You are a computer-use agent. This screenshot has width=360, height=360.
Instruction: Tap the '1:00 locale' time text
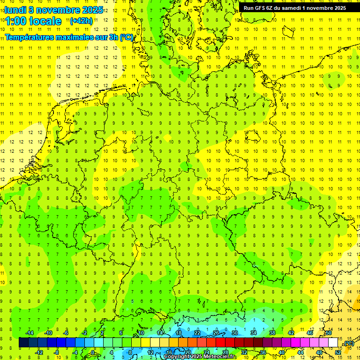pos(33,21)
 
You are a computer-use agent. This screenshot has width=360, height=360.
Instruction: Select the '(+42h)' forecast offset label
pos(81,21)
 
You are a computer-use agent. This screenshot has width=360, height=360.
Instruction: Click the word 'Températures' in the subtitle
pos(32,37)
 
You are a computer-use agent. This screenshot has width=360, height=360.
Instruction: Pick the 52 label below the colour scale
pos(338,352)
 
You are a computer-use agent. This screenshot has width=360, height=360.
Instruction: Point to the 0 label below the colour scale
pos(93,352)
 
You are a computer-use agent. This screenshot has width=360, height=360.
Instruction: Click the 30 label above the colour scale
pos(235,333)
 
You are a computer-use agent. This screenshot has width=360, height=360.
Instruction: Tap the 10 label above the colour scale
pos(141,333)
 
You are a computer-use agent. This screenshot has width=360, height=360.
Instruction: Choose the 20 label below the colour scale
pos(187,352)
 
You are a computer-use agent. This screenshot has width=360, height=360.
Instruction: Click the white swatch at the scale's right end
pos(333,343)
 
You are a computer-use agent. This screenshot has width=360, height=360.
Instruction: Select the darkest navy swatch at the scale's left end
pos(23,343)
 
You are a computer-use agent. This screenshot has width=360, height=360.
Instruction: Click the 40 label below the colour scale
pos(282,352)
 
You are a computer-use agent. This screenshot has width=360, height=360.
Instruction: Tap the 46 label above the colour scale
pos(310,333)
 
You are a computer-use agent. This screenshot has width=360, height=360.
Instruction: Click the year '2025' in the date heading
pos(92,10)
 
